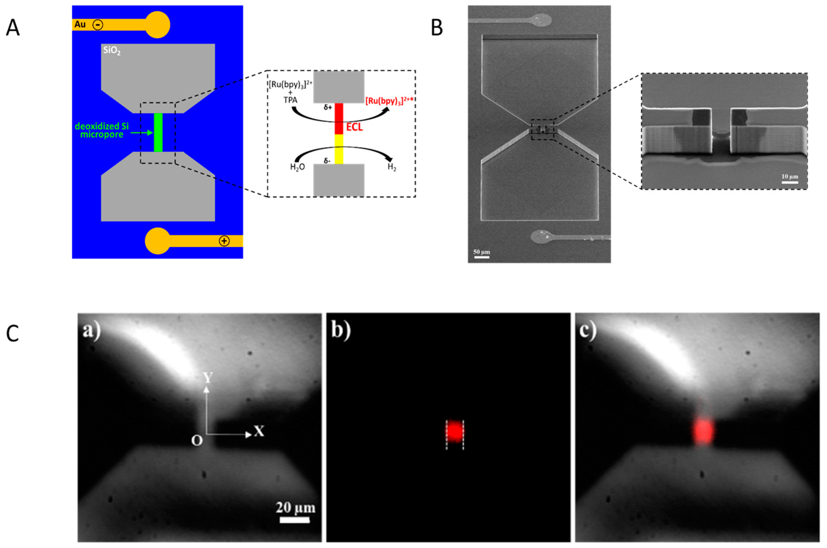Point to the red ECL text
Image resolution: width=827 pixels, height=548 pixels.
click(x=354, y=127)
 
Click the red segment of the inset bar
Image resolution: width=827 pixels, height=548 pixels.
click(x=339, y=118)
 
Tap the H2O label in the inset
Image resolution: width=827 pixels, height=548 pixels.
click(x=297, y=167)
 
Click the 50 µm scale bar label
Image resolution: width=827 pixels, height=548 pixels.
click(x=482, y=252)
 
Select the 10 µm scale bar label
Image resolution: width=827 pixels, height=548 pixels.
click(x=790, y=177)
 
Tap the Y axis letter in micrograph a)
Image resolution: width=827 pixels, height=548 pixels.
click(x=208, y=377)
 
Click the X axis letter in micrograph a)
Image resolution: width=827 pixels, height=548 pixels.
click(x=259, y=432)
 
